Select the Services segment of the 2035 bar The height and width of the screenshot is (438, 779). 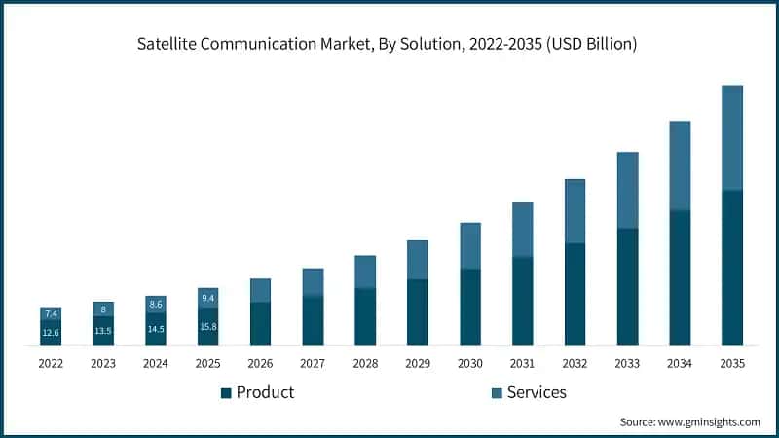click(x=731, y=137)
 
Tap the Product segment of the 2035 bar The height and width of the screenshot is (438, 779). click(x=731, y=268)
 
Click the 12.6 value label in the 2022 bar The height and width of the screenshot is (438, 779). click(x=51, y=334)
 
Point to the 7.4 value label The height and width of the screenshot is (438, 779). click(x=51, y=313)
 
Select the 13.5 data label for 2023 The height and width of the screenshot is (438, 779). click(x=103, y=331)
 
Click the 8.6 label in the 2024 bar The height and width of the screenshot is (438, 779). click(x=156, y=305)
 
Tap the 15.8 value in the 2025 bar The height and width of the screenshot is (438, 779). click(x=208, y=327)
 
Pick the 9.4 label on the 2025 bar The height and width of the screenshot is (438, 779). click(x=208, y=298)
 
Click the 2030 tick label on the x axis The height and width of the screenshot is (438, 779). click(x=470, y=363)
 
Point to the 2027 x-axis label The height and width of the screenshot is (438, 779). click(x=313, y=363)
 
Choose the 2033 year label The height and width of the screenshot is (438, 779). click(x=628, y=363)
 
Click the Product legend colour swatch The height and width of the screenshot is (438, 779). click(x=226, y=392)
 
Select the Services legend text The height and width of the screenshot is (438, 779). click(x=535, y=392)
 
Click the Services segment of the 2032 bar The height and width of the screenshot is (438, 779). click(x=575, y=211)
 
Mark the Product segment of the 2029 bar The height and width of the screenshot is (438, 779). click(x=418, y=311)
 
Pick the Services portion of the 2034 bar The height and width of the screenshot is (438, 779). click(x=680, y=165)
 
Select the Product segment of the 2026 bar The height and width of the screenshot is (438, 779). click(x=260, y=323)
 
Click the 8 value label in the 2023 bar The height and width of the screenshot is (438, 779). click(x=103, y=310)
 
